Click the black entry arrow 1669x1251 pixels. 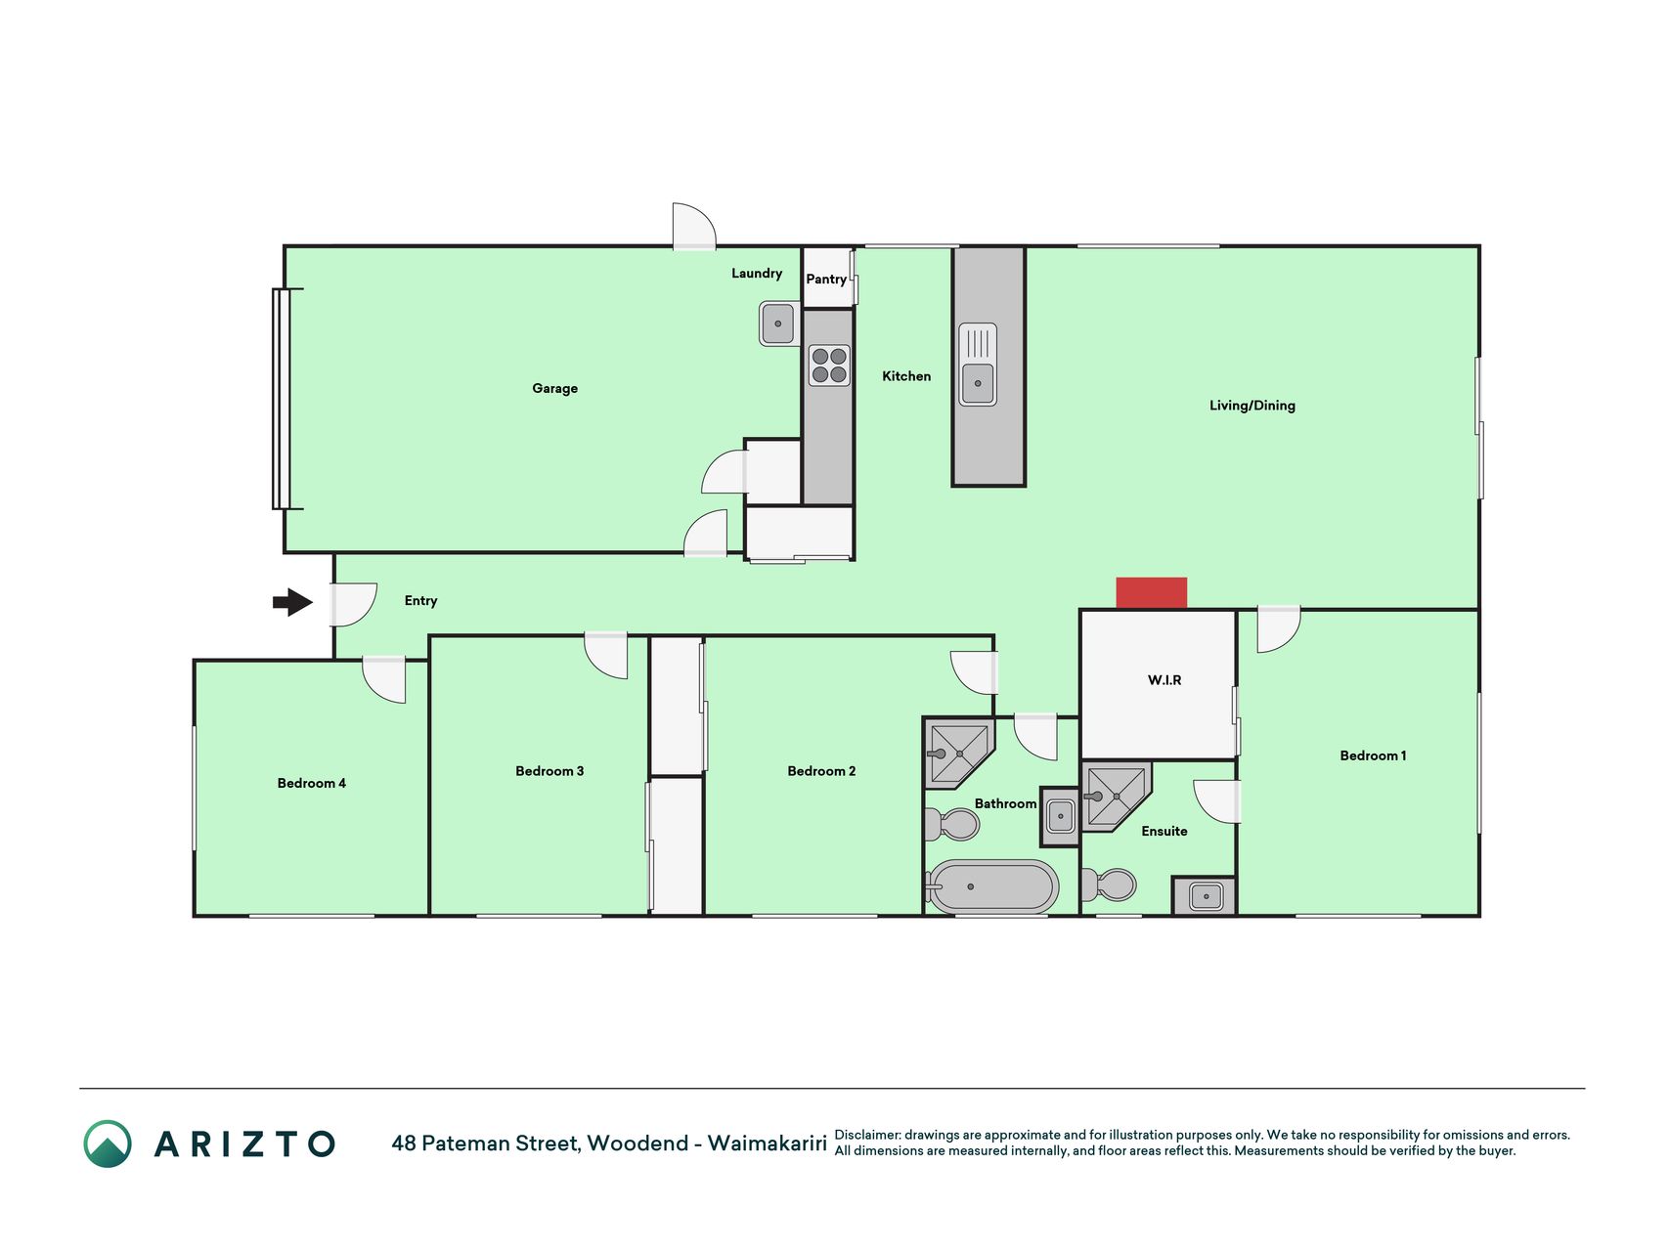click(x=293, y=602)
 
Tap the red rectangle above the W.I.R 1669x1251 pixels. click(x=1152, y=593)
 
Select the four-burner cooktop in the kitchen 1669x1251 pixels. click(x=829, y=366)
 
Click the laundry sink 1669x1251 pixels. click(x=778, y=324)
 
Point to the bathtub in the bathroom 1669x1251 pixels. click(x=993, y=886)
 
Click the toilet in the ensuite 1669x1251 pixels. click(x=1110, y=885)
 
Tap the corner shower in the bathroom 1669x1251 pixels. click(x=959, y=754)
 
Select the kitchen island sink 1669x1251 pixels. click(x=978, y=365)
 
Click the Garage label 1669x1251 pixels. click(x=554, y=389)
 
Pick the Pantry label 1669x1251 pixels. click(x=826, y=280)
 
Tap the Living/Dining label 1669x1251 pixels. click(x=1252, y=406)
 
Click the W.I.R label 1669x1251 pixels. click(x=1164, y=680)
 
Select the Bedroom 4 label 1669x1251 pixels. click(x=312, y=783)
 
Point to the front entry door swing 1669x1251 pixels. click(x=353, y=604)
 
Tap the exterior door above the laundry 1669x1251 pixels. click(x=694, y=226)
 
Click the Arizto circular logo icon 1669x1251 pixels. click(x=108, y=1143)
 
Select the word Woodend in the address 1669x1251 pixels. click(x=637, y=1143)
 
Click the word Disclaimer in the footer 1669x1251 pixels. click(x=867, y=1135)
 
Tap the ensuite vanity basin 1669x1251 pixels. click(x=1206, y=895)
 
